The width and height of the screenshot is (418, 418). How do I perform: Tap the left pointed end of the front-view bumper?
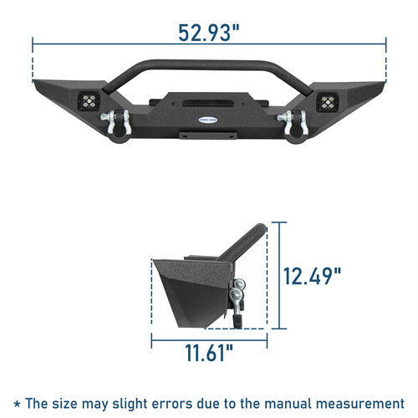click(37, 83)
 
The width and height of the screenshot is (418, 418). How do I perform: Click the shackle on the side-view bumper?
click(240, 293)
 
